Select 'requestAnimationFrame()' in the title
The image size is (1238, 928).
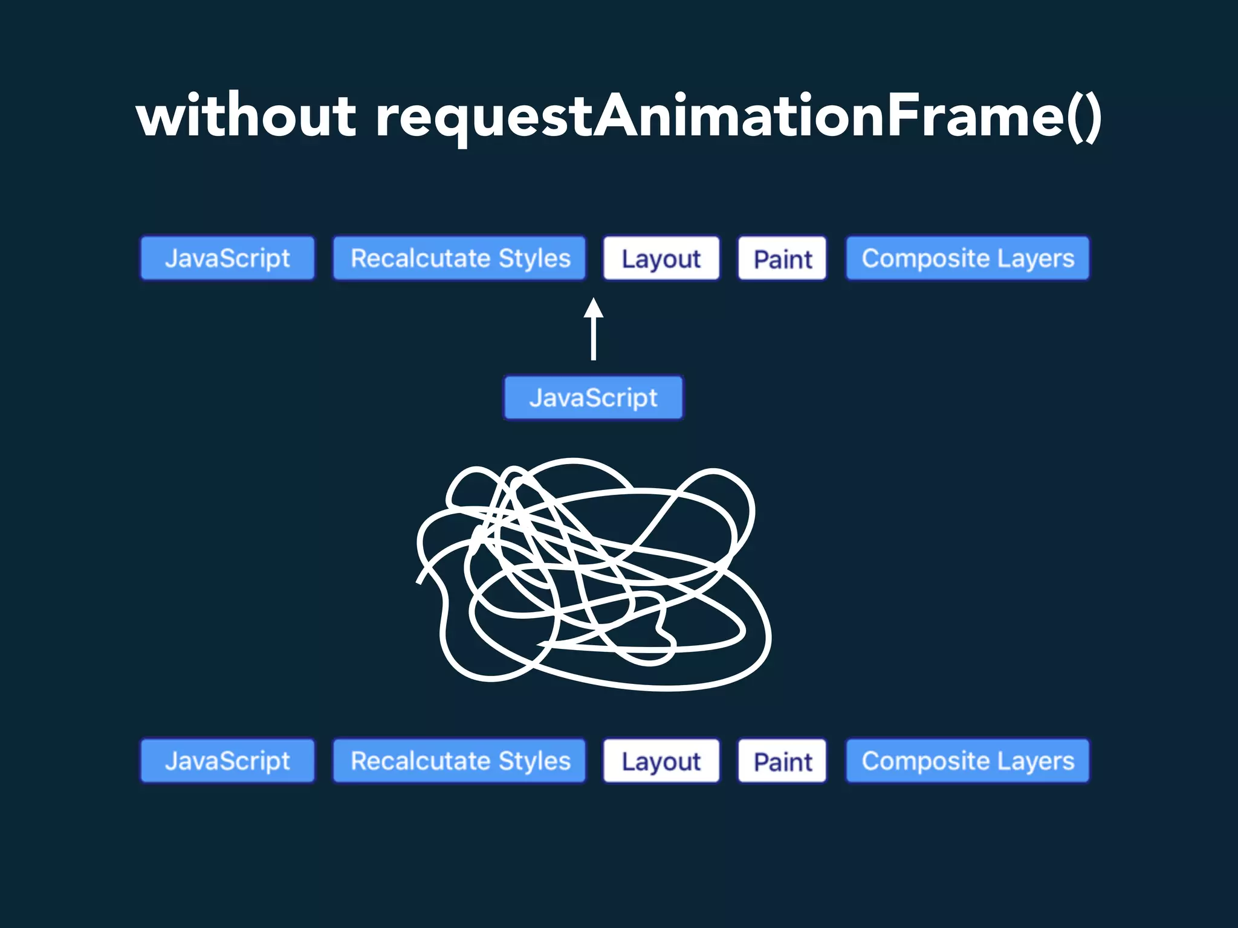739,117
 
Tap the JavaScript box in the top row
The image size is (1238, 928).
228,258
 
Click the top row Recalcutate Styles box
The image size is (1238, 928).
459,258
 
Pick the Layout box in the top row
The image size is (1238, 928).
661,259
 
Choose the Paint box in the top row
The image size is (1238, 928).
782,259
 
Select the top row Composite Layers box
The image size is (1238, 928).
967,258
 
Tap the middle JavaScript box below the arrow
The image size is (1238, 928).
593,398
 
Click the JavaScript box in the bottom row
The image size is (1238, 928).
228,761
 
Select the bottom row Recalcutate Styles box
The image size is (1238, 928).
459,761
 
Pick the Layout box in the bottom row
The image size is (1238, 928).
661,761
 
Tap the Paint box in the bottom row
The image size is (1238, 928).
782,761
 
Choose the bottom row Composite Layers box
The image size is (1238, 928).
967,761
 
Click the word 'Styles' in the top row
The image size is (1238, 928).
534,259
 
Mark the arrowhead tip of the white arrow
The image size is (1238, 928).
594,299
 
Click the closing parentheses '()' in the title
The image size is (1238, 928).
1084,117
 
